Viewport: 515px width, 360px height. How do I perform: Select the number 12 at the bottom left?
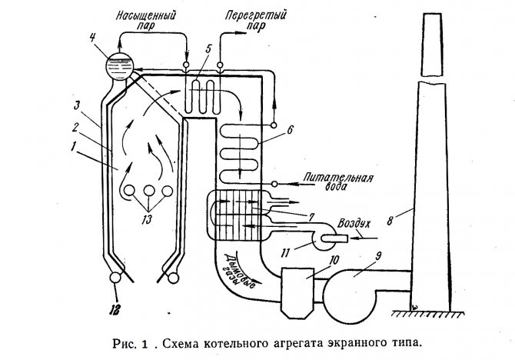(x=115, y=309)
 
